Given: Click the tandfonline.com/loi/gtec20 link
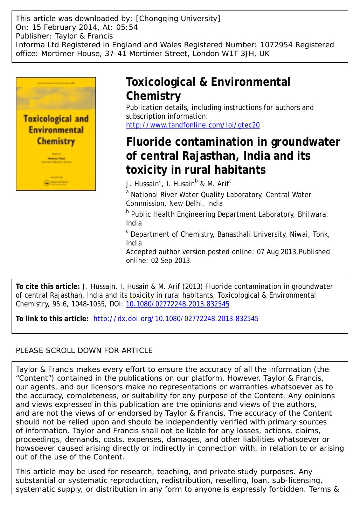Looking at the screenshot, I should click(x=193, y=125).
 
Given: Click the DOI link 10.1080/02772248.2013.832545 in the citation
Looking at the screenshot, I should click(x=177, y=304).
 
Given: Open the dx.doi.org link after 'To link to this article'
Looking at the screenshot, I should click(x=176, y=319).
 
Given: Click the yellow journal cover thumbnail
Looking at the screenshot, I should click(x=56, y=134).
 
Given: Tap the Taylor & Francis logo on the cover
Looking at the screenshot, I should click(x=56, y=182).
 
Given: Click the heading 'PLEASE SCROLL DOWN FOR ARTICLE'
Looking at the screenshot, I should click(x=84, y=351).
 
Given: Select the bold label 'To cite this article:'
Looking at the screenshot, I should click(x=48, y=286).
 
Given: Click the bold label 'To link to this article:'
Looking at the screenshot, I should click(x=52, y=319).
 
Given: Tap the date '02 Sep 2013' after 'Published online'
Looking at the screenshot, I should click(x=169, y=261).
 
